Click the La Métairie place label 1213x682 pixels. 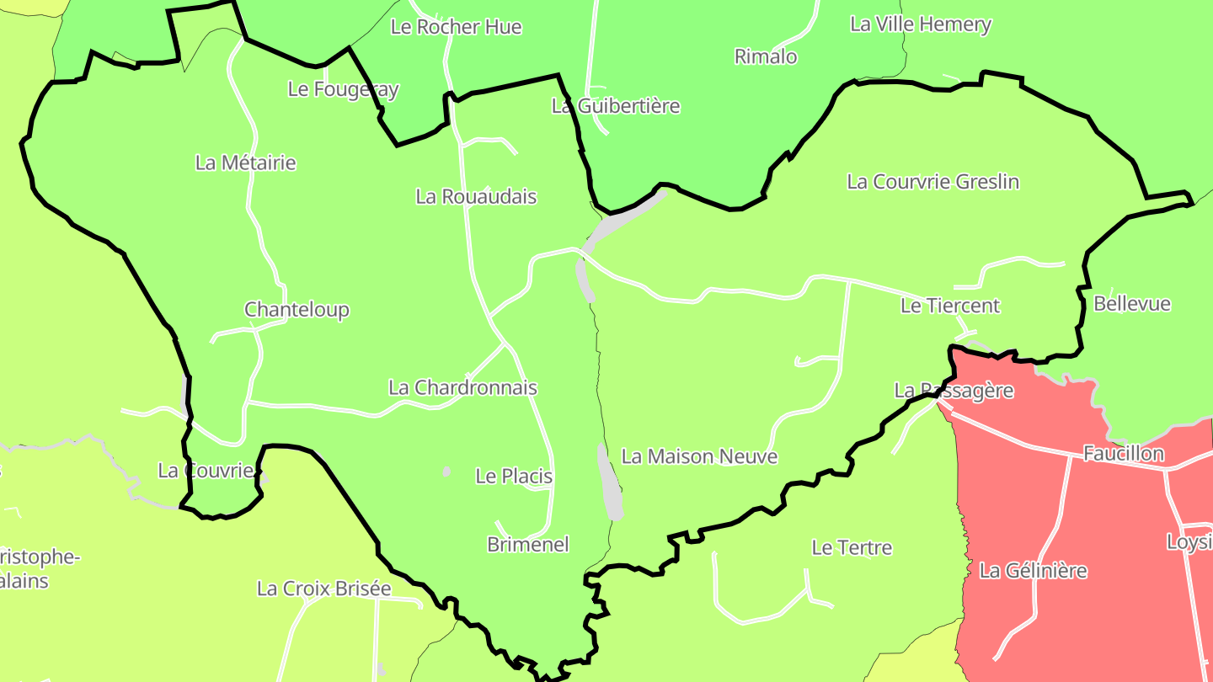[245, 163]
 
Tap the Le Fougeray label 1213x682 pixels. [343, 88]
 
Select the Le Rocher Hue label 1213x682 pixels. [456, 27]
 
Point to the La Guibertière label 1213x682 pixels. [615, 106]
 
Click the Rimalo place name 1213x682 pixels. [765, 56]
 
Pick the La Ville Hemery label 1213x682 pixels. [920, 24]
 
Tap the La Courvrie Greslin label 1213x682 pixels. [932, 182]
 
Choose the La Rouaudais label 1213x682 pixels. [476, 197]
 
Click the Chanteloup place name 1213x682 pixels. [297, 310]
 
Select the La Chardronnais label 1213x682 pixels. [462, 388]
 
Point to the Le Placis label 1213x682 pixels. [514, 477]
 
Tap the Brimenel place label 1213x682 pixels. [528, 545]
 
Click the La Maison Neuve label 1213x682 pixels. [699, 456]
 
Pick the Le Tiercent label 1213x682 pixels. [949, 306]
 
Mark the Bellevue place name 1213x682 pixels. [1131, 304]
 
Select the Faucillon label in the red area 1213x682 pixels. [1123, 454]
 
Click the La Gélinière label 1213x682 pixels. [1033, 571]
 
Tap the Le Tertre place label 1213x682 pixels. [851, 548]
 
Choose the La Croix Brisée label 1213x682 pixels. [323, 589]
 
